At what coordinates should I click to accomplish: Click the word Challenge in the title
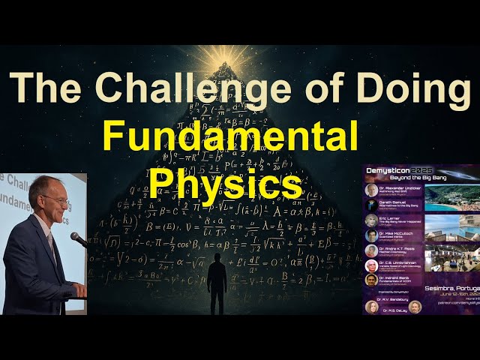pyautogui.click(x=180, y=88)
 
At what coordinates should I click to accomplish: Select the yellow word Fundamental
pyautogui.click(x=229, y=139)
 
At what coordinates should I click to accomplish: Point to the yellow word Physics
pyautogui.click(x=226, y=182)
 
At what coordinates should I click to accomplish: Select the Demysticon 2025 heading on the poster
pyautogui.click(x=396, y=172)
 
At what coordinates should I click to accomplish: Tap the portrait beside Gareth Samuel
pyautogui.click(x=372, y=205)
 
